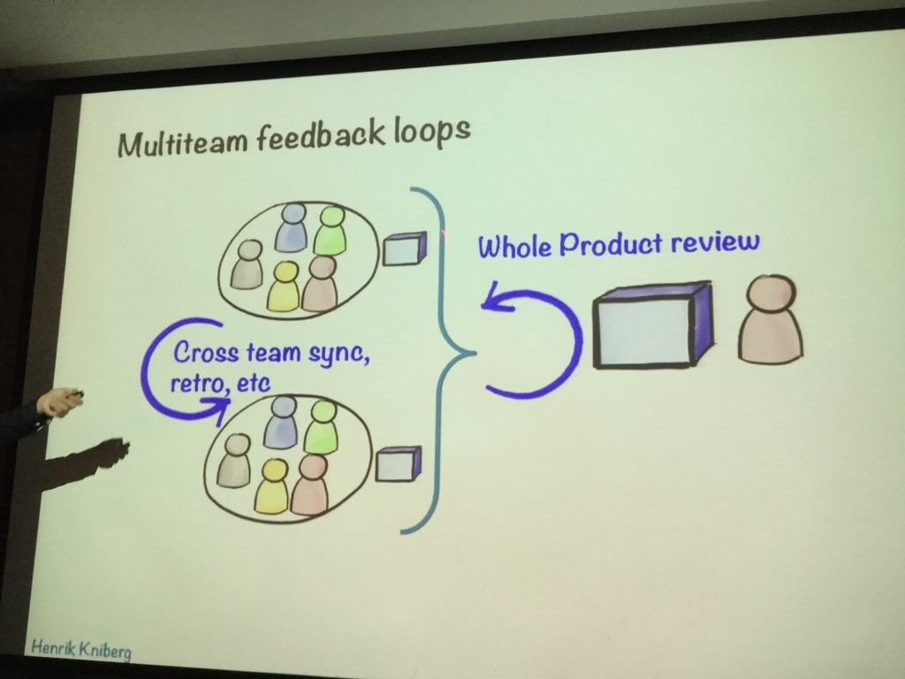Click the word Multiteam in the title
(x=182, y=142)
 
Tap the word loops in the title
(x=432, y=132)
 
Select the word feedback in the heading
(x=320, y=136)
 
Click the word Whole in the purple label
(x=514, y=246)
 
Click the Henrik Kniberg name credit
(x=81, y=649)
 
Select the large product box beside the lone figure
(x=652, y=325)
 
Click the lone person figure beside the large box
(x=771, y=319)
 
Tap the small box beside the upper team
(x=405, y=248)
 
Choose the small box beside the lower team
(x=399, y=463)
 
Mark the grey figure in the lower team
(x=234, y=461)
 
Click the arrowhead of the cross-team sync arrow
(x=218, y=408)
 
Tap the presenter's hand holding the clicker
(x=57, y=401)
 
